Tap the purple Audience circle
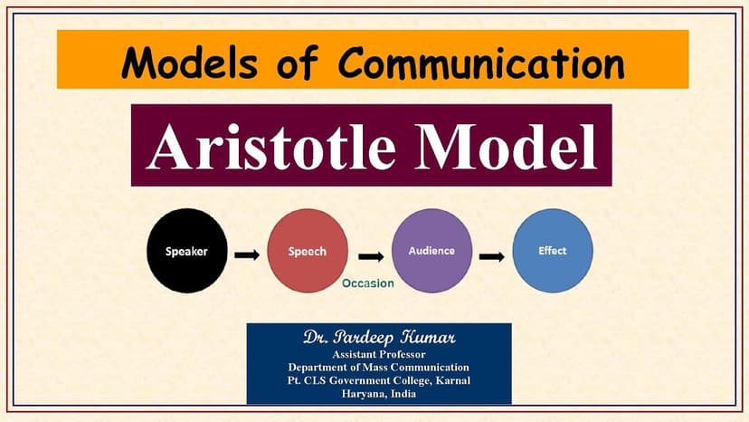pyautogui.click(x=431, y=252)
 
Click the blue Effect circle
pyautogui.click(x=552, y=251)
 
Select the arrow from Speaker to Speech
pyautogui.click(x=246, y=254)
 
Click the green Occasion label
pyautogui.click(x=367, y=283)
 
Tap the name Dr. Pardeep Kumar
pyautogui.click(x=379, y=338)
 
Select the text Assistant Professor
pyautogui.click(x=379, y=353)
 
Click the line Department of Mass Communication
pyautogui.click(x=379, y=367)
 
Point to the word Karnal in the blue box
pyautogui.click(x=450, y=380)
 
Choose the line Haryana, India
pyautogui.click(x=379, y=394)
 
